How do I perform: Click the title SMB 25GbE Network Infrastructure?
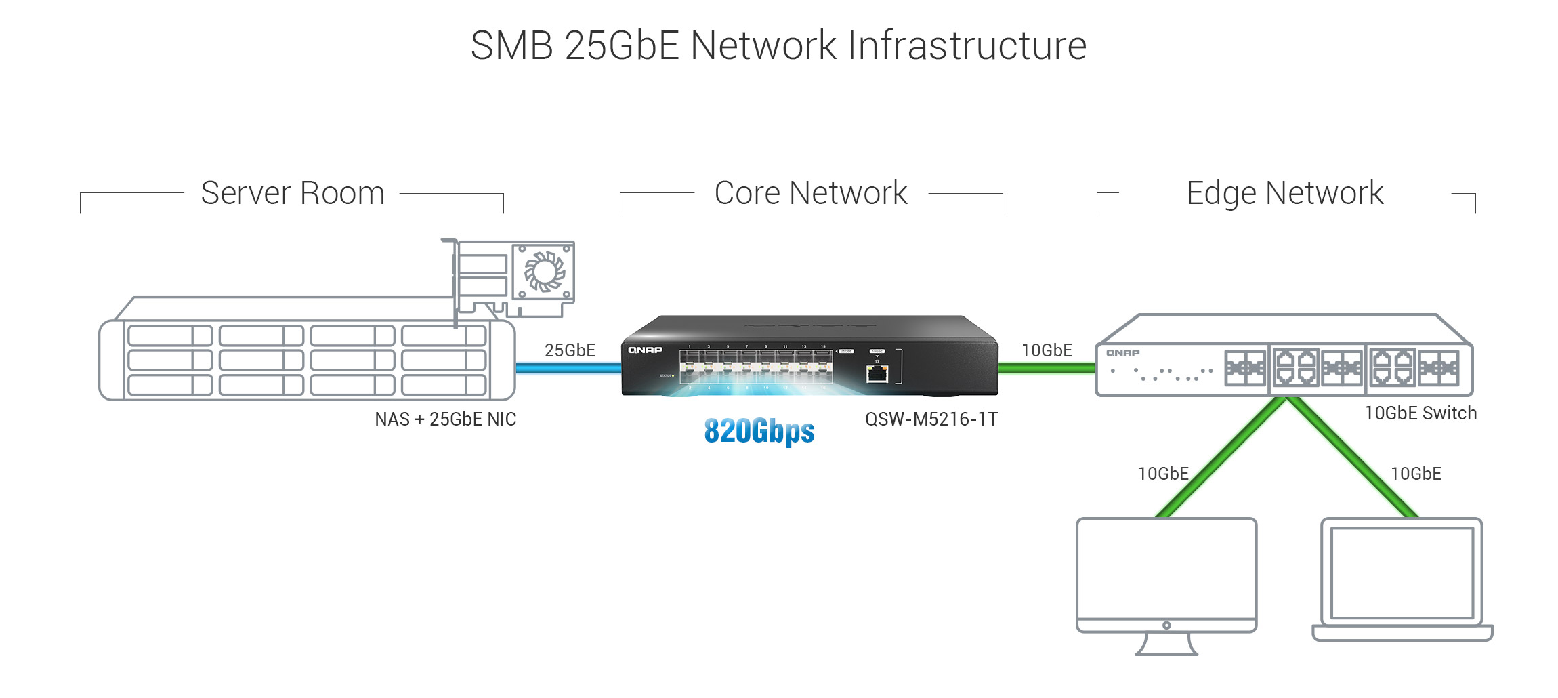click(x=778, y=45)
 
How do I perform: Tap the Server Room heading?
click(x=293, y=193)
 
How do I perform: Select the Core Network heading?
click(x=811, y=193)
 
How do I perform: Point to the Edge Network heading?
click(x=1284, y=193)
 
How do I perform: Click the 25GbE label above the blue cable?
click(x=570, y=350)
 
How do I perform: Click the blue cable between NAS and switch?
click(x=568, y=369)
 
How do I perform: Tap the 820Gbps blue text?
click(x=759, y=431)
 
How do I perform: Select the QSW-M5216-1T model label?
click(x=931, y=419)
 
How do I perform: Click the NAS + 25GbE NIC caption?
click(x=445, y=419)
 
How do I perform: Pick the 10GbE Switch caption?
click(x=1420, y=413)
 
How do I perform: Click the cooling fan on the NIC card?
click(x=544, y=272)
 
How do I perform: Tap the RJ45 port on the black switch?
click(x=877, y=373)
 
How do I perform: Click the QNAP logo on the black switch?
click(x=645, y=350)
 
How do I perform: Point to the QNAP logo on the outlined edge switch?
click(x=1122, y=353)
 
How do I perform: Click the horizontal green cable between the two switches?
click(x=1047, y=369)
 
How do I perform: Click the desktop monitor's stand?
click(x=1166, y=644)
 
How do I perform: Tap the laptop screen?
click(x=1402, y=573)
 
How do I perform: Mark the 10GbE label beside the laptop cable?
click(x=1416, y=474)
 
